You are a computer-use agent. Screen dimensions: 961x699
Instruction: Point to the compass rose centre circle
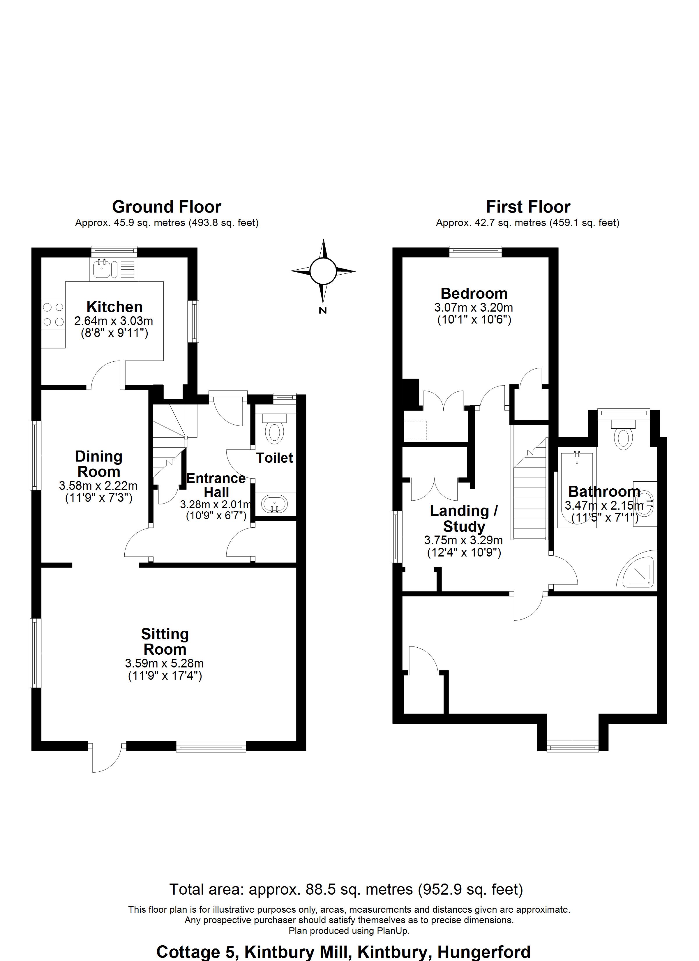pyautogui.click(x=323, y=271)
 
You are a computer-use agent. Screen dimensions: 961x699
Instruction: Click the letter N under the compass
pyautogui.click(x=323, y=311)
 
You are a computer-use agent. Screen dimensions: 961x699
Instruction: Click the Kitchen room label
pyautogui.click(x=114, y=307)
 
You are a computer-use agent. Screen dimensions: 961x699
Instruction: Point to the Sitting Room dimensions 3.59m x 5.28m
pyautogui.click(x=165, y=663)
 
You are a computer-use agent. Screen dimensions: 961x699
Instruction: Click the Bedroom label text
pyautogui.click(x=474, y=293)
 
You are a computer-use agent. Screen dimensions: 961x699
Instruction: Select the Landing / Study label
pyautogui.click(x=464, y=518)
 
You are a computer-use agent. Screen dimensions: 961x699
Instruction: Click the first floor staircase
pyautogui.click(x=530, y=496)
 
